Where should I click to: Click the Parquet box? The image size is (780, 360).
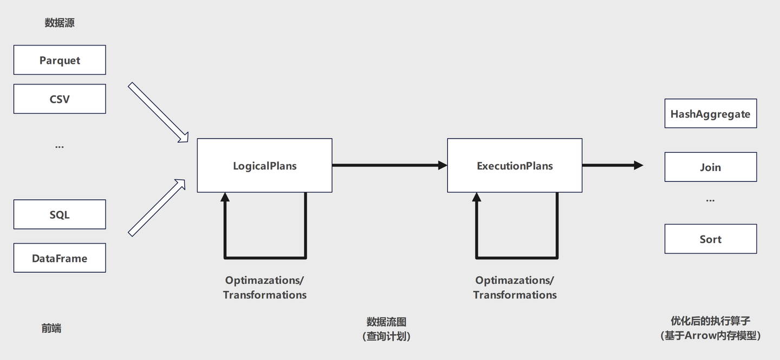coord(60,60)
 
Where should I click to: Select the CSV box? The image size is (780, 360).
coord(60,99)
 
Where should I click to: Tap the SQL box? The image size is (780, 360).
coord(60,214)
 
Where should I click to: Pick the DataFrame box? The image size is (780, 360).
coord(60,258)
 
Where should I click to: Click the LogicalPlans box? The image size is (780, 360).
coord(264,166)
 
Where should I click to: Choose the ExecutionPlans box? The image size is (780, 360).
coord(515,166)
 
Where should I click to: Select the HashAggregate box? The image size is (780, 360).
coord(710,114)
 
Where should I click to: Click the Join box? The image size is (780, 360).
coord(710,167)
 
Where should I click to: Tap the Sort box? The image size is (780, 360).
coord(710,239)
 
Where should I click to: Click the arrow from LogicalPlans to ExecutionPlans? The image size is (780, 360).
coord(389,165)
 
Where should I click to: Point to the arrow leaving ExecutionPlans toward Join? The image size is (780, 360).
coord(612,165)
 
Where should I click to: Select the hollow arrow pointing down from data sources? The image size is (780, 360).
coord(158,113)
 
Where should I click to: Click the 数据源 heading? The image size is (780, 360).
coord(60,23)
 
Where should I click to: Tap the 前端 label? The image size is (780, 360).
coord(51,328)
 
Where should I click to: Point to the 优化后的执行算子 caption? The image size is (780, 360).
coord(710,321)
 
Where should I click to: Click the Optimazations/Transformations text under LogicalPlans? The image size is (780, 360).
coord(264,287)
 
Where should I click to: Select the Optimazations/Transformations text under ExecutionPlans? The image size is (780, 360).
coord(515,287)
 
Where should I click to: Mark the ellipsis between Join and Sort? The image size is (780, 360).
coord(710,200)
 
